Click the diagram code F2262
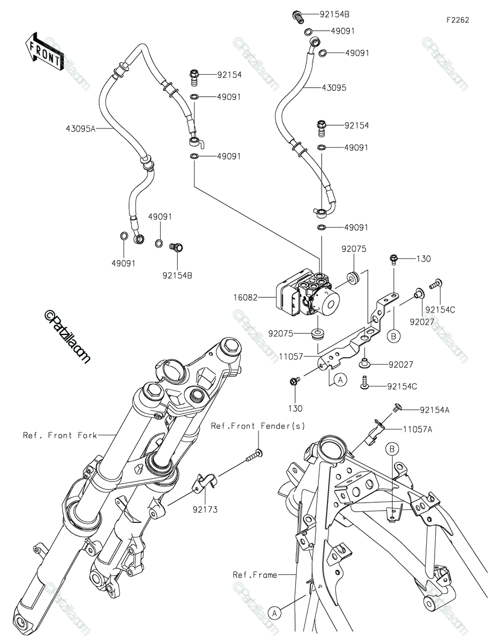pyautogui.click(x=458, y=20)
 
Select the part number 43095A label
pyautogui.click(x=81, y=128)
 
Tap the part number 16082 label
pyautogui.click(x=245, y=298)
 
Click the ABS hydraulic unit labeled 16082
pyautogui.click(x=308, y=293)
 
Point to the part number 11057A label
pyautogui.click(x=418, y=429)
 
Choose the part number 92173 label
pyautogui.click(x=205, y=510)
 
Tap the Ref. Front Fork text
pyautogui.click(x=60, y=435)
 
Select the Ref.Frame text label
pyautogui.click(x=255, y=575)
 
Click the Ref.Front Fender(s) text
pyautogui.click(x=258, y=426)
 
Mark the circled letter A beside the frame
pyautogui.click(x=274, y=613)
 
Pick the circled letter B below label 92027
pyautogui.click(x=393, y=336)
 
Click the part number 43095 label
pyautogui.click(x=334, y=88)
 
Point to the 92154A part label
pyautogui.click(x=435, y=410)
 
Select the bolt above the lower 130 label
pyautogui.click(x=295, y=381)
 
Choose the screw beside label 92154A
pyautogui.click(x=397, y=408)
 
